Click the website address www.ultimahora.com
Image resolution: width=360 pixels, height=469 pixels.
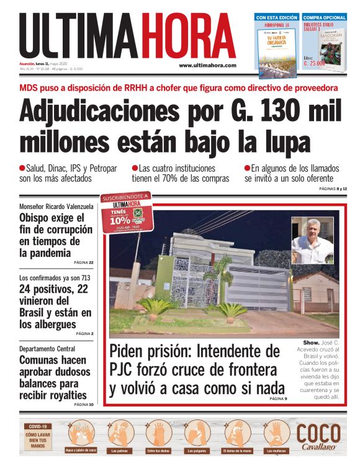207,66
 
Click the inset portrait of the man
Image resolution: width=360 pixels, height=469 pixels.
312,240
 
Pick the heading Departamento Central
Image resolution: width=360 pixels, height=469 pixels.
47,349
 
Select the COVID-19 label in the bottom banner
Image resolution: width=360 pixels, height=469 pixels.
37,426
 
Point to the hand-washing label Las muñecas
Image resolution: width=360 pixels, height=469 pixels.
275,450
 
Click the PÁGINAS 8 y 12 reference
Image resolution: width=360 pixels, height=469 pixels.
333,188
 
